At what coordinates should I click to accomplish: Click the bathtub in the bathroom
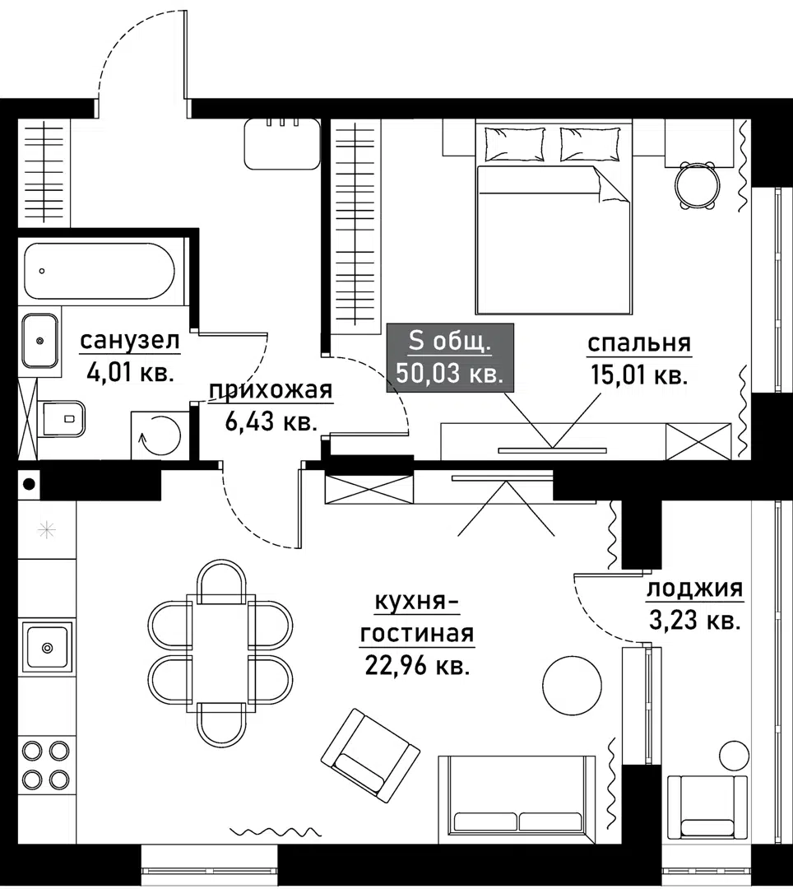(x=99, y=271)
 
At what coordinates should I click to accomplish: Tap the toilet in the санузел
(x=62, y=419)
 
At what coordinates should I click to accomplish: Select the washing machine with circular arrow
(x=160, y=435)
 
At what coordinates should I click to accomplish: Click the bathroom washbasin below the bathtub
(x=39, y=340)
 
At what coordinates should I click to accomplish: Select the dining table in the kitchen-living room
(x=220, y=649)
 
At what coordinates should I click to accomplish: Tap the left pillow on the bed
(x=514, y=144)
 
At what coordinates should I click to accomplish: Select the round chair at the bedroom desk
(x=696, y=185)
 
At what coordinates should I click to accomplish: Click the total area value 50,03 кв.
(x=449, y=373)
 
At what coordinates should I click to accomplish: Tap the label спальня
(x=638, y=343)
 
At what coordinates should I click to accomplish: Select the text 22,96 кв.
(x=417, y=665)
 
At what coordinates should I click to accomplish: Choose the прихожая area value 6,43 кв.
(x=271, y=422)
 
